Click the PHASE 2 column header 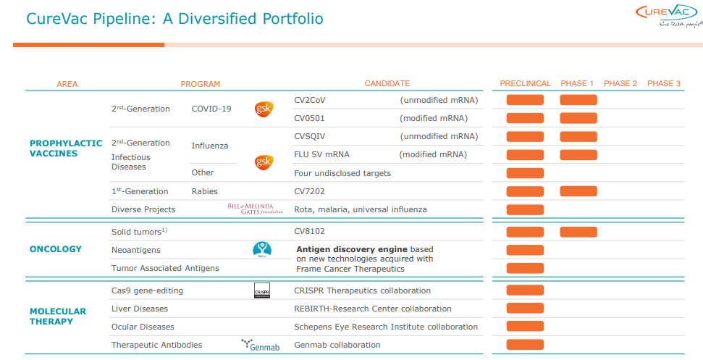(620, 83)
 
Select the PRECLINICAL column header (525, 83)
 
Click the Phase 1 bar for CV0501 (578, 118)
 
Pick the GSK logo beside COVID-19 (264, 109)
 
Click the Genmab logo (260, 345)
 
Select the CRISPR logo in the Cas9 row (261, 290)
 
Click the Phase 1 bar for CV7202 (578, 191)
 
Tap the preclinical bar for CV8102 (525, 233)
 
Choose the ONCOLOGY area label (56, 249)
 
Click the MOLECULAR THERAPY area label (58, 317)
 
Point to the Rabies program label (206, 191)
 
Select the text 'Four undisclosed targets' (342, 173)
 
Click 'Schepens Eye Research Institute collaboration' (386, 327)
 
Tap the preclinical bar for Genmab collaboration (525, 345)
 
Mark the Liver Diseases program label (140, 309)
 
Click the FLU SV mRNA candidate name (324, 154)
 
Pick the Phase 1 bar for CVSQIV (578, 136)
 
